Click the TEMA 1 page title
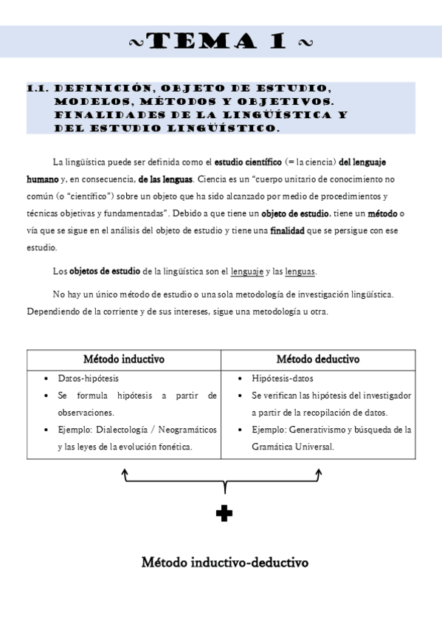click(x=221, y=42)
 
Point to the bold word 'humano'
click(x=42, y=179)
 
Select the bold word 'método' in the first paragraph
click(x=381, y=213)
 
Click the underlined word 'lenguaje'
click(x=246, y=272)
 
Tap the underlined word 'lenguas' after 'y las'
click(x=300, y=272)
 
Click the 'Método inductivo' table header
click(x=124, y=360)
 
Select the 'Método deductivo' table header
click(x=317, y=360)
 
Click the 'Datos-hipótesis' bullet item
click(x=88, y=379)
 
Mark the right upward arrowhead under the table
click(x=320, y=472)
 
